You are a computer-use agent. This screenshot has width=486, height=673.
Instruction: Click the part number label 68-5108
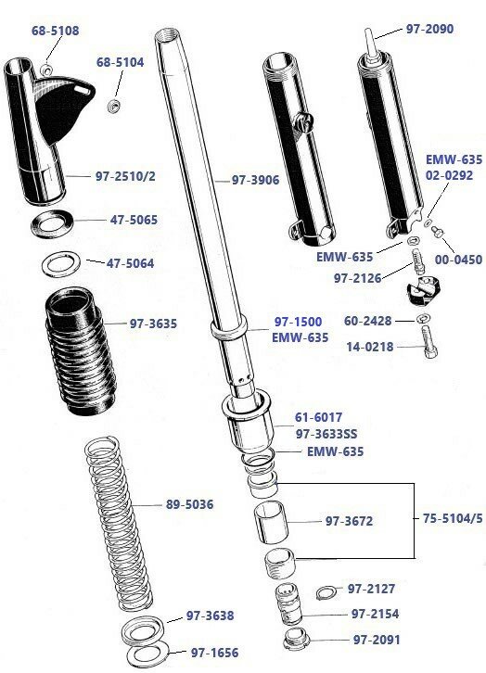coord(55,31)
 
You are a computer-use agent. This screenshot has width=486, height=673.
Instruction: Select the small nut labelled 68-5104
coord(113,106)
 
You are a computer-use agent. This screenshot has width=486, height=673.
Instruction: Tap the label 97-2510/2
coord(125,176)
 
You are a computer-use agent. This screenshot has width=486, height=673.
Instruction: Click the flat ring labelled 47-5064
coord(61,264)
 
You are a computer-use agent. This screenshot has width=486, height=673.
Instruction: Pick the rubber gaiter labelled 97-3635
coord(81,351)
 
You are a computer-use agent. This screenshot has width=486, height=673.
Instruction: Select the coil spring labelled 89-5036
coord(119,523)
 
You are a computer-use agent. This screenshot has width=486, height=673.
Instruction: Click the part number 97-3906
coord(255,180)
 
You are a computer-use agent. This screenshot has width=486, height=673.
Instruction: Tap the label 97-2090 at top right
coord(429,29)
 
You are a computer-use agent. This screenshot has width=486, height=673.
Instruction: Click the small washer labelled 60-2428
coord(424,319)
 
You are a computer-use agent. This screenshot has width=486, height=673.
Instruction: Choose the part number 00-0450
coord(458,260)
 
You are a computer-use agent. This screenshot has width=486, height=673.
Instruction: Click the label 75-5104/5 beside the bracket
coord(453,518)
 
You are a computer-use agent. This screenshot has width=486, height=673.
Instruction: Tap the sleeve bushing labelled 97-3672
coord(271,522)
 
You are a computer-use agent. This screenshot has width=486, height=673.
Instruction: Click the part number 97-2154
coord(376,615)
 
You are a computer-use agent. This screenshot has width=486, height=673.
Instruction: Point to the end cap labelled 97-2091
coord(297,638)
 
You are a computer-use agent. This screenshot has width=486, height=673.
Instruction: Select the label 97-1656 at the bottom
coord(214,653)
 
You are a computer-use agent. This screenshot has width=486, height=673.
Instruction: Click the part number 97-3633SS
coord(326,434)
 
